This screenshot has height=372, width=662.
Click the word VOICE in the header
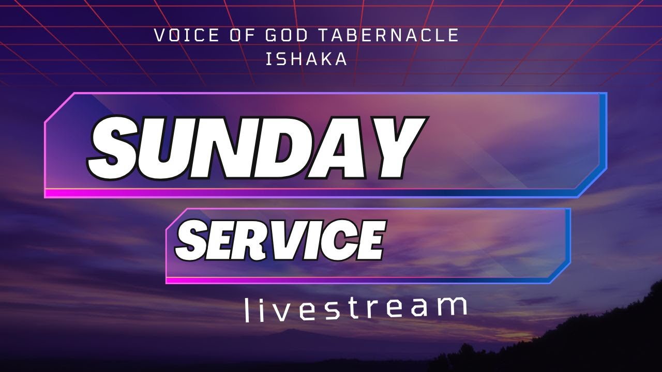point(186,35)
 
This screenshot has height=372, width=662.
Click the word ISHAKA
point(307,59)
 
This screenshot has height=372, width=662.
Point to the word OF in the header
point(242,35)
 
